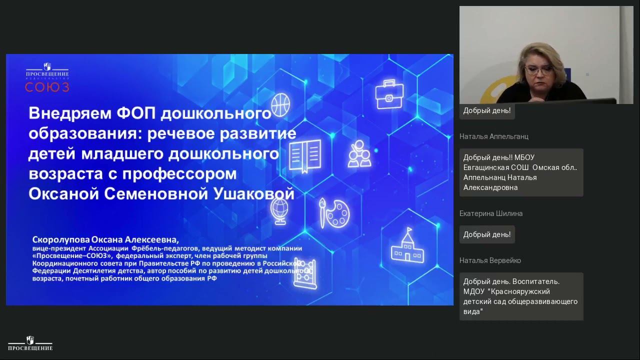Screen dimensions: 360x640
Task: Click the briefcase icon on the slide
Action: point(389,93)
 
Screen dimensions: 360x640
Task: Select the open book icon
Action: point(304,153)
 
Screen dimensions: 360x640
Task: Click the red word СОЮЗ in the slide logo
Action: point(47,87)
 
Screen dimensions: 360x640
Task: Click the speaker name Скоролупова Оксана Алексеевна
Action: point(105,240)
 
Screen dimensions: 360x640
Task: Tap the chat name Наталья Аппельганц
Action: point(493,136)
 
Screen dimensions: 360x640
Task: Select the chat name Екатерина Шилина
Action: point(491,213)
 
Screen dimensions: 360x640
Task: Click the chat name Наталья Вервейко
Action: point(490,260)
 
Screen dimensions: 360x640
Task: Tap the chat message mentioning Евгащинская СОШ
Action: point(520,172)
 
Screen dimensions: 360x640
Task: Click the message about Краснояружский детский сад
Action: point(520,296)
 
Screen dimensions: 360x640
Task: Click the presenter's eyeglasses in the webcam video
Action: point(538,70)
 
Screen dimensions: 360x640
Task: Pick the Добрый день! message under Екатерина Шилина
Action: point(487,234)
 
